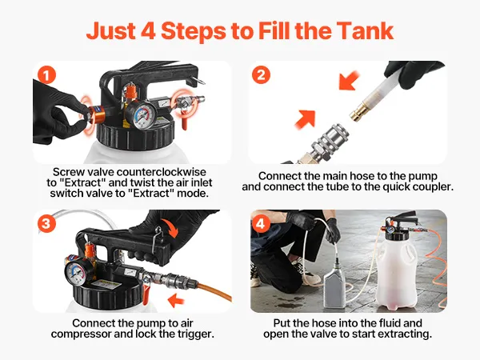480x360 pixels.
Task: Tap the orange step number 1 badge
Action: click(46, 75)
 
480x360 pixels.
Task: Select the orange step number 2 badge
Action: click(261, 75)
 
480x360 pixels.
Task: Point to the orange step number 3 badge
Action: click(46, 223)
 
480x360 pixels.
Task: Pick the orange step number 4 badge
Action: click(260, 223)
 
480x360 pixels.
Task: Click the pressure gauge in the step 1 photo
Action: click(141, 115)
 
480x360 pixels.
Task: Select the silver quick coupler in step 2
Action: click(330, 142)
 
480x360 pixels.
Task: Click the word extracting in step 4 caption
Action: click(405, 334)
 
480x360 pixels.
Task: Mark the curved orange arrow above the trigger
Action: click(170, 228)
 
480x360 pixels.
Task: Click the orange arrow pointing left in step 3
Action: click(176, 300)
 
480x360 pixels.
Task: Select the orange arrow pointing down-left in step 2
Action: click(350, 80)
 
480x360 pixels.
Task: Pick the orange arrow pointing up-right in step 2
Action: click(306, 119)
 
